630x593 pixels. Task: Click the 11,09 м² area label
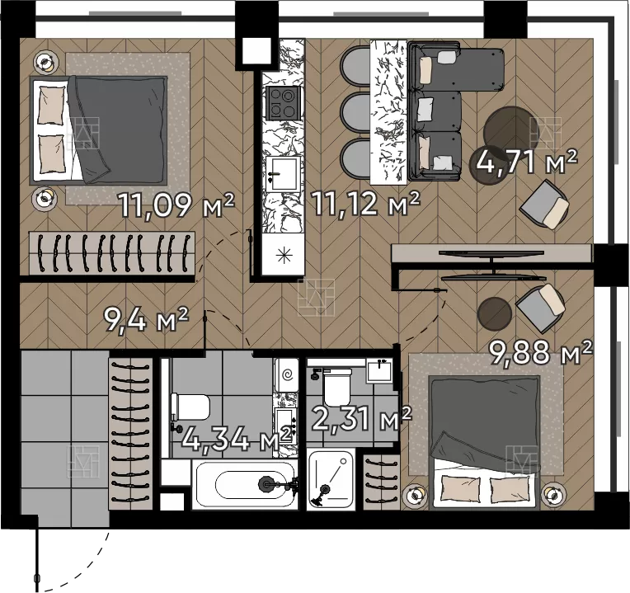pyautogui.click(x=176, y=205)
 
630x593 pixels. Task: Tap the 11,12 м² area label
pyautogui.click(x=365, y=203)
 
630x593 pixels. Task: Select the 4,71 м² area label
pyautogui.click(x=527, y=161)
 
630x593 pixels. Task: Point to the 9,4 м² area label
pyautogui.click(x=145, y=319)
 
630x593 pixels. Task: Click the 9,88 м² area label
pyautogui.click(x=540, y=352)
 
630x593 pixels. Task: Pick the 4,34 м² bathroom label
pyautogui.click(x=236, y=439)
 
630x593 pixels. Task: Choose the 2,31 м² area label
pyautogui.click(x=361, y=418)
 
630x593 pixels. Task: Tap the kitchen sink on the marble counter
pyautogui.click(x=283, y=173)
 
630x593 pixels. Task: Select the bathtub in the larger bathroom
pyautogui.click(x=245, y=485)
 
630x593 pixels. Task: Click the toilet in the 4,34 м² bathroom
pyautogui.click(x=190, y=407)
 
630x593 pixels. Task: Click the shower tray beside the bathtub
pyautogui.click(x=331, y=480)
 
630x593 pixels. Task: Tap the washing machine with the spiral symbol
pyautogui.click(x=286, y=375)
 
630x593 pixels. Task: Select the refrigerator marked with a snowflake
pyautogui.click(x=284, y=254)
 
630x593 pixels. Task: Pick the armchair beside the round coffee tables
pyautogui.click(x=544, y=205)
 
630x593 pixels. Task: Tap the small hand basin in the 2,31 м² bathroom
pyautogui.click(x=378, y=370)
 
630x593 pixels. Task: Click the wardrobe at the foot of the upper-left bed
pyautogui.click(x=111, y=253)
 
